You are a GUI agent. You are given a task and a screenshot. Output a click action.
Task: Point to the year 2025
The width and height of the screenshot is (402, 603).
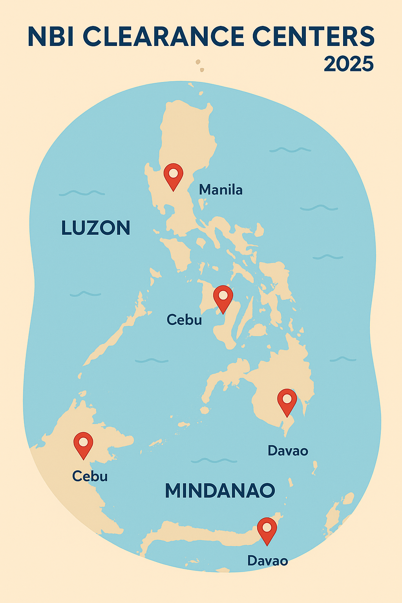coord(349,64)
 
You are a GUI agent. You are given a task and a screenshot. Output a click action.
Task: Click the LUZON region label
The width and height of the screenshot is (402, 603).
coord(96,228)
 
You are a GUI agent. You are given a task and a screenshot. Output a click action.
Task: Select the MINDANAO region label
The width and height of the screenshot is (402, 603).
coord(220,491)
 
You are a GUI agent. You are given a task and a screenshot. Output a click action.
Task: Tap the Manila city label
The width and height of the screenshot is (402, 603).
coord(221,190)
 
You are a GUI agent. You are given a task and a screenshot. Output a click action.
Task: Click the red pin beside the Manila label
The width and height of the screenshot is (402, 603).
coord(174,175)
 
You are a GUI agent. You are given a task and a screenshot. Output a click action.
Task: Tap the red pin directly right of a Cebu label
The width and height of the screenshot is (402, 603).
coord(223,297)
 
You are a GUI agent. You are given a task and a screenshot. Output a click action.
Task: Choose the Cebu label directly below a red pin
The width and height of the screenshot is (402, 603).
coord(90,476)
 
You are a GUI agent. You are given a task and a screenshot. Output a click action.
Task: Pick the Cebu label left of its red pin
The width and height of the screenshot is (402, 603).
coord(184,320)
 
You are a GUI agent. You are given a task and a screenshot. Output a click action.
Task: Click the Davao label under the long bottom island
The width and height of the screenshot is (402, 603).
coord(267,561)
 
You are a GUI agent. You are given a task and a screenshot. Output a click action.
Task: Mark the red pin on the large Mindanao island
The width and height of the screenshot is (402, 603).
coord(287,401)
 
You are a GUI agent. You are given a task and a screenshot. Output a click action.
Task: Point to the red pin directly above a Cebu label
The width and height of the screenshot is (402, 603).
coord(83,444)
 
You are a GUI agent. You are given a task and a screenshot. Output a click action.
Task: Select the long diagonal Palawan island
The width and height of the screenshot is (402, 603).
coord(118,334)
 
